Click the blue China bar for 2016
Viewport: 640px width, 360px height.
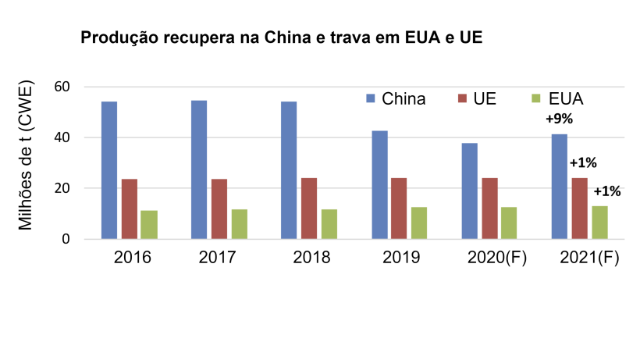pyautogui.click(x=108, y=170)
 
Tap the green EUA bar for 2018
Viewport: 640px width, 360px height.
pyautogui.click(x=329, y=224)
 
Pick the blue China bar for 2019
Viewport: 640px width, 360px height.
pyautogui.click(x=379, y=185)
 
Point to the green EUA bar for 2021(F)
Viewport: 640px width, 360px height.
pyautogui.click(x=599, y=223)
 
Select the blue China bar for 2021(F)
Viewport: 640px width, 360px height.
pyautogui.click(x=560, y=187)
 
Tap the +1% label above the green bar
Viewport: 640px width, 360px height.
pyautogui.click(x=607, y=191)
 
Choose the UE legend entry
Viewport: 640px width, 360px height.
pyautogui.click(x=477, y=99)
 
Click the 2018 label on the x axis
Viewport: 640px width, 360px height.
pyautogui.click(x=311, y=257)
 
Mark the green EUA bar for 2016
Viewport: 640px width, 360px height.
pyautogui.click(x=148, y=225)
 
